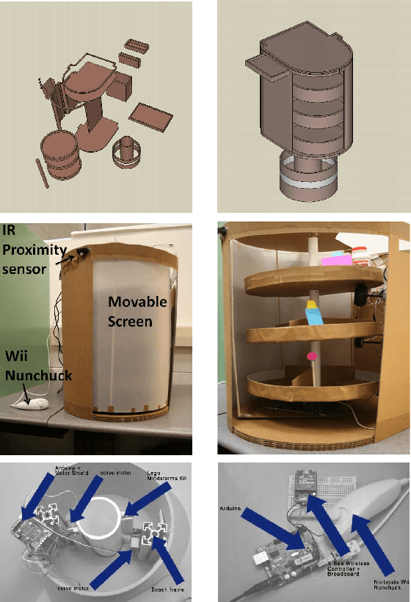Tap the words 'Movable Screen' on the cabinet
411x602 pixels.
click(139, 311)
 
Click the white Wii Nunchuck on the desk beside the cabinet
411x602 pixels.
click(31, 403)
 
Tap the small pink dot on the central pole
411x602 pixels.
click(312, 356)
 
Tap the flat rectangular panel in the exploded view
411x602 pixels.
click(151, 114)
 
